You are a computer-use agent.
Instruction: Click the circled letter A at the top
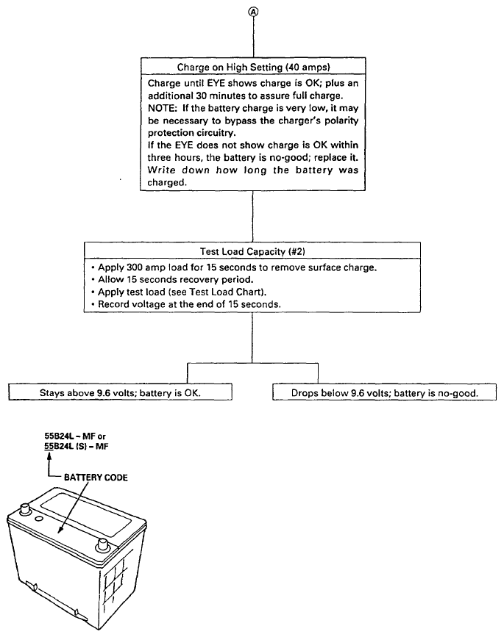tap(253, 12)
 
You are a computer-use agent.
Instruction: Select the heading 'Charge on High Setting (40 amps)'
tap(253, 67)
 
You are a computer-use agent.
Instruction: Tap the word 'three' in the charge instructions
tap(159, 158)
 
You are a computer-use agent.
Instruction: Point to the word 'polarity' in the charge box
tap(341, 120)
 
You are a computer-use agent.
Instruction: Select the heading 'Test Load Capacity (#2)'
tap(252, 251)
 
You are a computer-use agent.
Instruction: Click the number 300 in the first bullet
tap(134, 267)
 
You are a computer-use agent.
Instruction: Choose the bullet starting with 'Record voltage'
tap(186, 304)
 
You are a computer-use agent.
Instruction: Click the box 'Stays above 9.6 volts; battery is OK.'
tap(121, 392)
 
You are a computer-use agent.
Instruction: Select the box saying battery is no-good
tap(384, 392)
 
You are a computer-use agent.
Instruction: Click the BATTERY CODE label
tap(96, 478)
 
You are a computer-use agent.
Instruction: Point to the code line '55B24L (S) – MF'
tap(77, 447)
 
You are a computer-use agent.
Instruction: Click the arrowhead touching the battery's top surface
tap(60, 529)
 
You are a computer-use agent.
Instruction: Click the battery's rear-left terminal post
tap(25, 508)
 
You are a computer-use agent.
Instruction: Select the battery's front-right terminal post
tap(102, 546)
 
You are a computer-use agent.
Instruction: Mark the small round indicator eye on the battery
tap(40, 519)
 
